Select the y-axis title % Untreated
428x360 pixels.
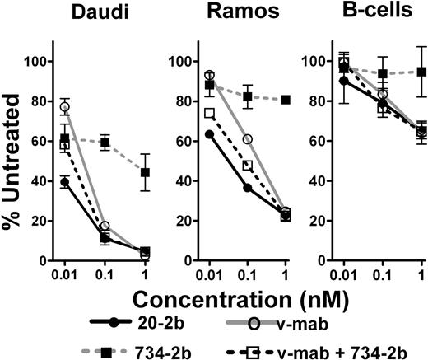tap(14, 157)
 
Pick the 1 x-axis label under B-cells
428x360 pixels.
tap(421, 274)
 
